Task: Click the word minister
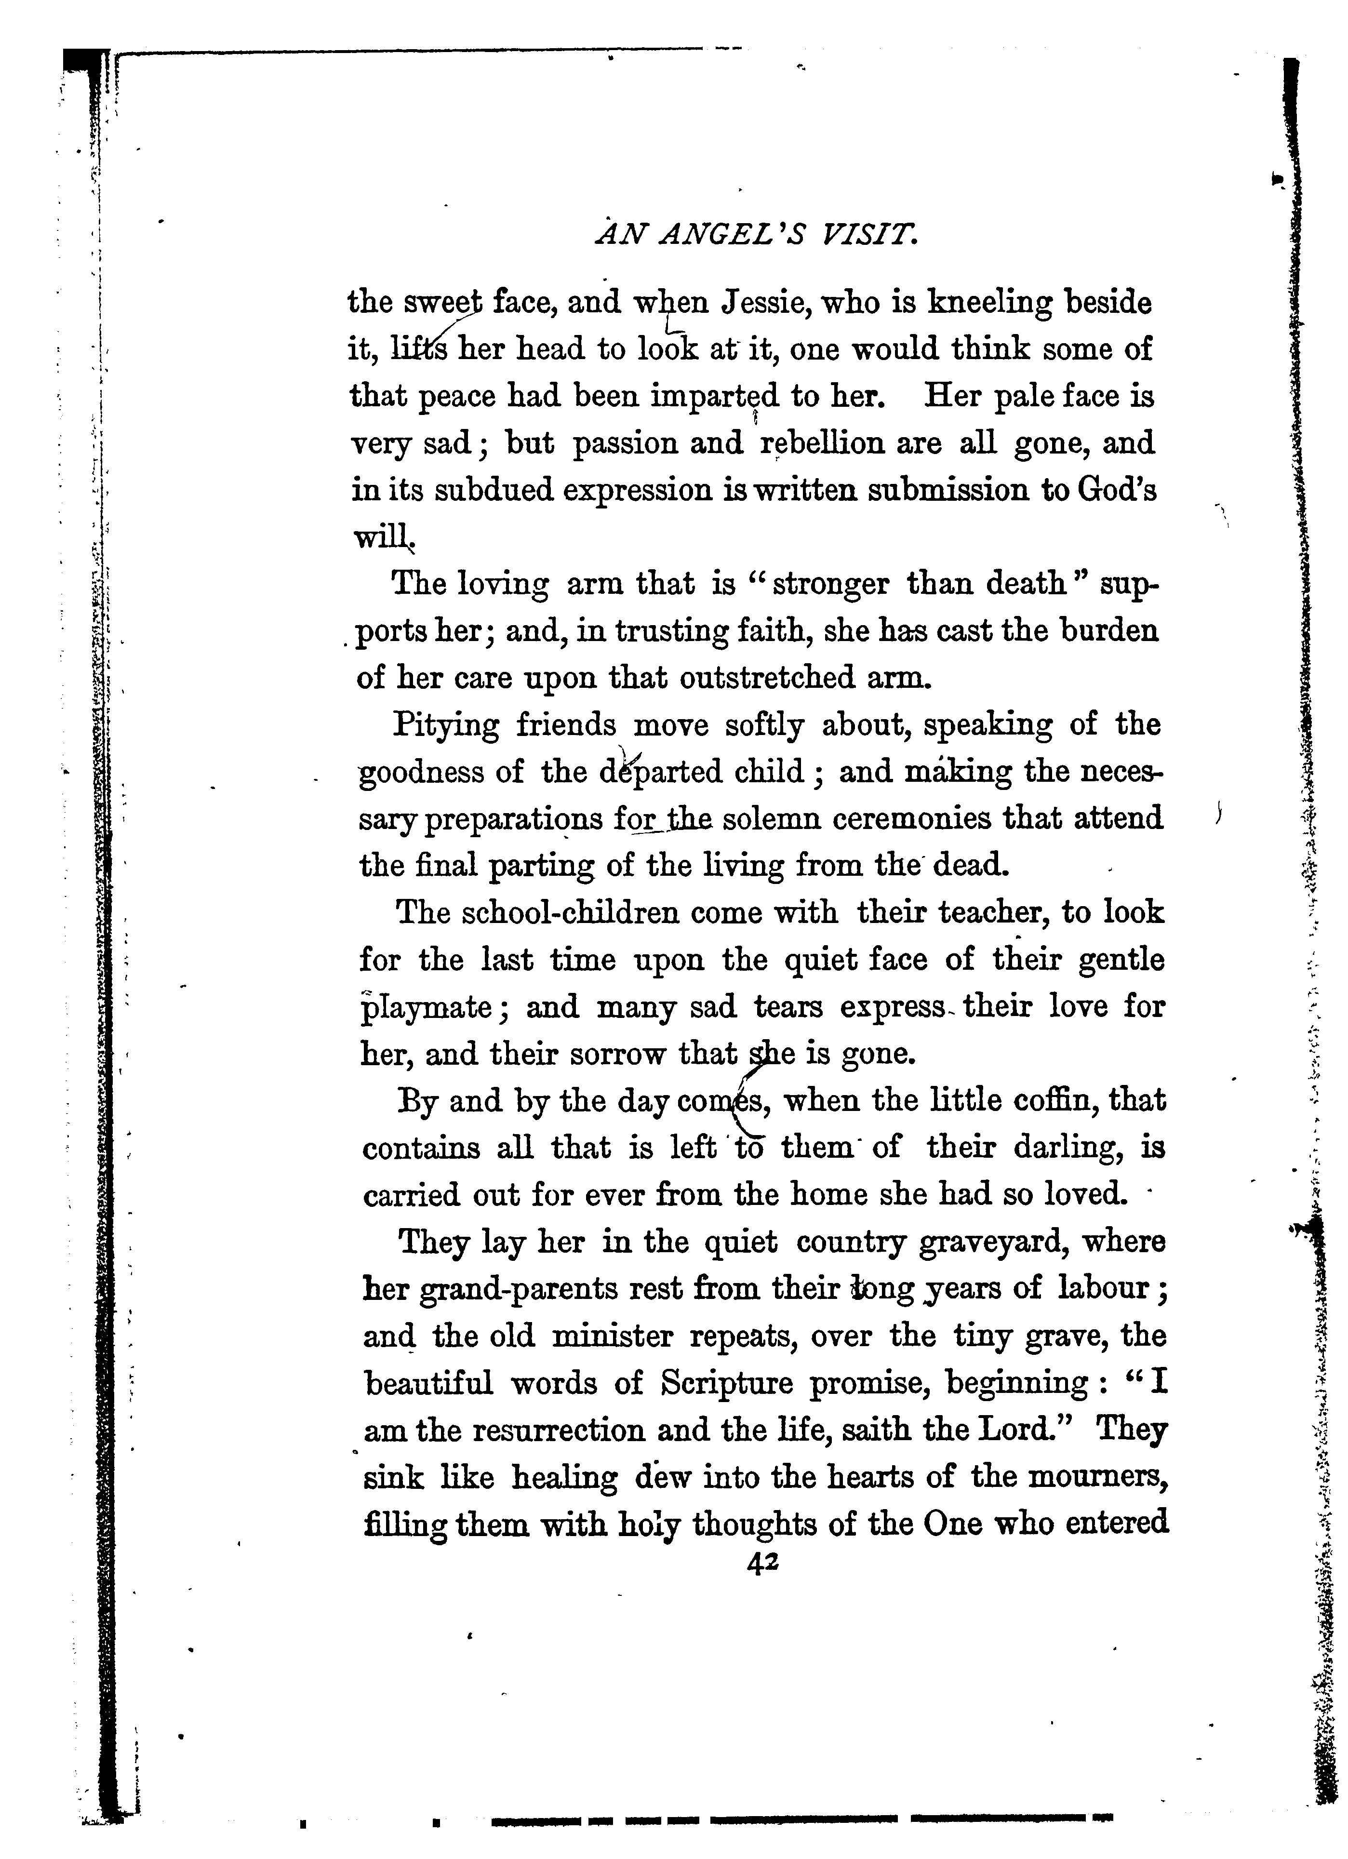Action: point(611,1336)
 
